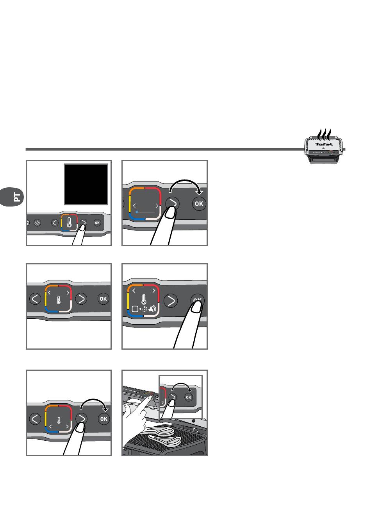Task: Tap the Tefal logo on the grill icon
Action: [x=324, y=144]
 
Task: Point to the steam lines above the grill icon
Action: [x=324, y=135]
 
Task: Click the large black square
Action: [x=86, y=184]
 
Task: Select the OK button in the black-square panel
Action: [x=97, y=223]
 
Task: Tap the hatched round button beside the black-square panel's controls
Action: [x=37, y=223]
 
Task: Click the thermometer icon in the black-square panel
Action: [x=69, y=222]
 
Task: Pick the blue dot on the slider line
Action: [x=137, y=212]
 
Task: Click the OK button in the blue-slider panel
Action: [x=199, y=204]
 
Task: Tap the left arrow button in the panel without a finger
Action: [x=35, y=299]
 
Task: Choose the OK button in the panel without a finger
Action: [x=103, y=299]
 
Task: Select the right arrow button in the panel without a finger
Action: [x=81, y=299]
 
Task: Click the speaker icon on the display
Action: [x=152, y=309]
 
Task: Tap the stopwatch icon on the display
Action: [x=144, y=309]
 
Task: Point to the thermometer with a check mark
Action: [x=144, y=299]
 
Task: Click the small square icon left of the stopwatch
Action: [x=135, y=309]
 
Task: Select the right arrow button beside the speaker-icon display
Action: [x=171, y=301]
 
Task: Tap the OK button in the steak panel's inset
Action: [x=189, y=397]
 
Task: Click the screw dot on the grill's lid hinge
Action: [x=194, y=420]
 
